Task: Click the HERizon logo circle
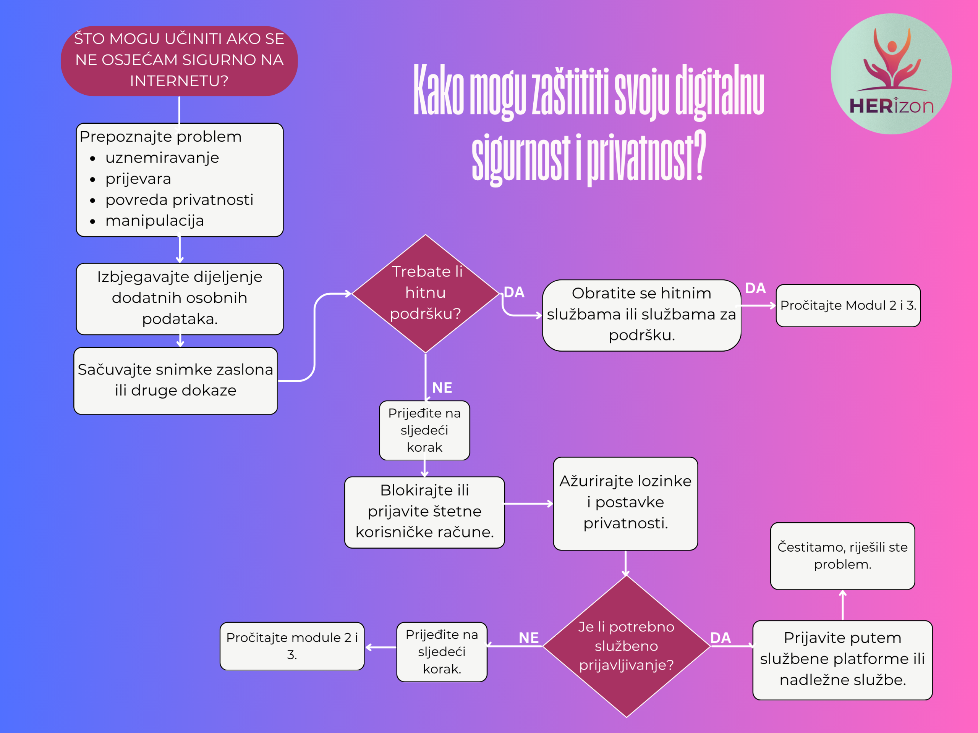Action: pos(891,74)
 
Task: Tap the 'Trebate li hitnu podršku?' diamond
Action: pos(425,293)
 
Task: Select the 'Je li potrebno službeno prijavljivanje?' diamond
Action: pos(626,646)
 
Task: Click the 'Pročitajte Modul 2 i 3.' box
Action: pos(848,305)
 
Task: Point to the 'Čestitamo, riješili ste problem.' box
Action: pos(842,556)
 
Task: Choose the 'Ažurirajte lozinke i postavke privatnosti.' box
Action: pos(625,503)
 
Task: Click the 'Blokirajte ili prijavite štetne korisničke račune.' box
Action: pos(424,512)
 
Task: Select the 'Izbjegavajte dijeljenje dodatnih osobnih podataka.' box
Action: pos(180,299)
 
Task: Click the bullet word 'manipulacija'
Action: pos(154,221)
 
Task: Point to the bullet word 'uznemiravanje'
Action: pos(162,158)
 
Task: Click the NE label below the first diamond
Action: pos(442,387)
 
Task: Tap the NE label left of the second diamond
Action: pos(528,638)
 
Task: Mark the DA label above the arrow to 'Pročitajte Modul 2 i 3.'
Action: pos(755,288)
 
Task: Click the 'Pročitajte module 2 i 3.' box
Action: pos(292,646)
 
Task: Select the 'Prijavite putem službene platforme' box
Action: pos(842,660)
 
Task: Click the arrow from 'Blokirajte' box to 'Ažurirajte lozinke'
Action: pos(529,503)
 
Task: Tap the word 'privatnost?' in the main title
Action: pos(646,157)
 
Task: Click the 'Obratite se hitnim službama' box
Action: pos(641,315)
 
